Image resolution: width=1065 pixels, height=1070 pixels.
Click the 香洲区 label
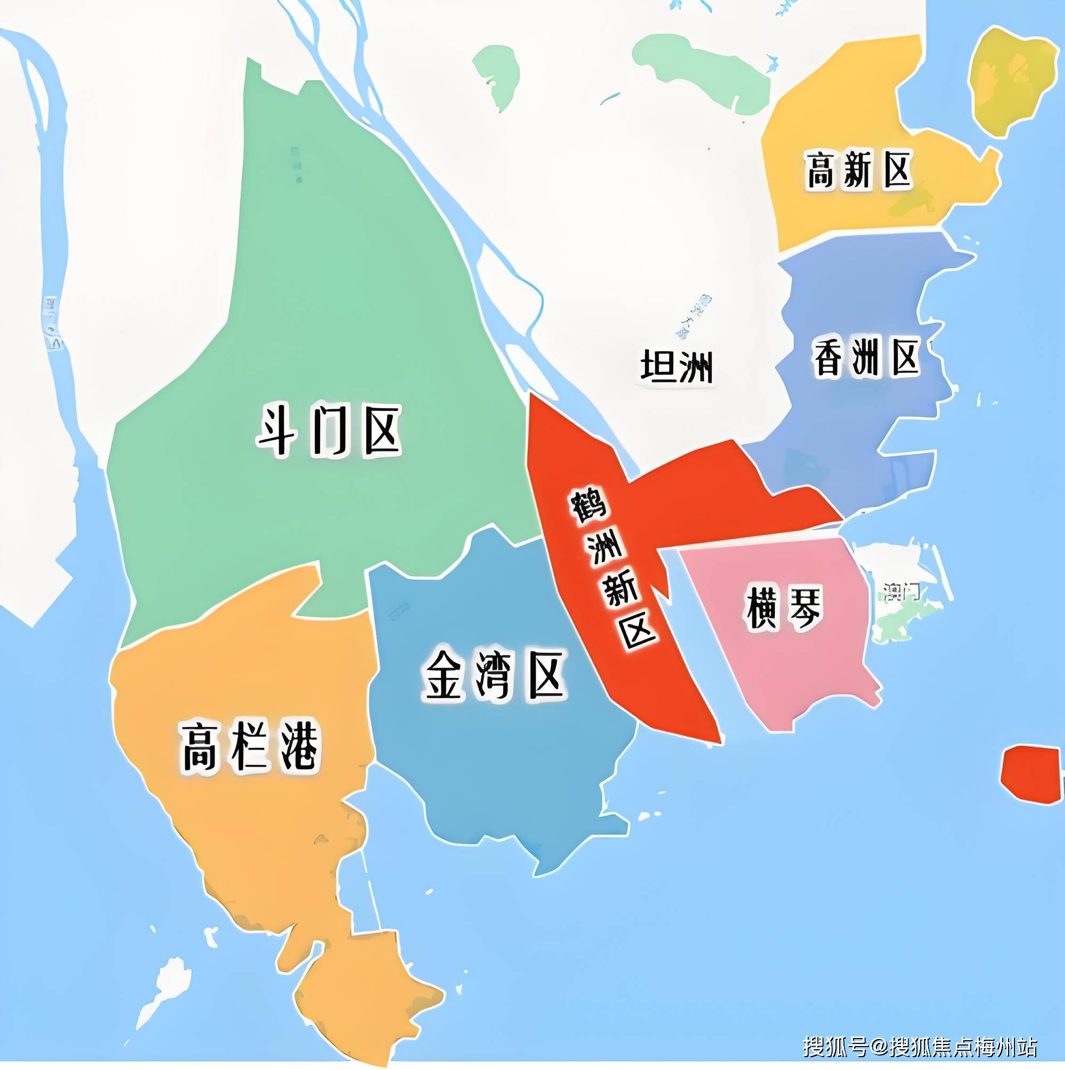point(866,357)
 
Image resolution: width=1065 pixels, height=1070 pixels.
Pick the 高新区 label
point(857,170)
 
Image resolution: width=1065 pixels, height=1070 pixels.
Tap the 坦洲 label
point(676,366)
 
